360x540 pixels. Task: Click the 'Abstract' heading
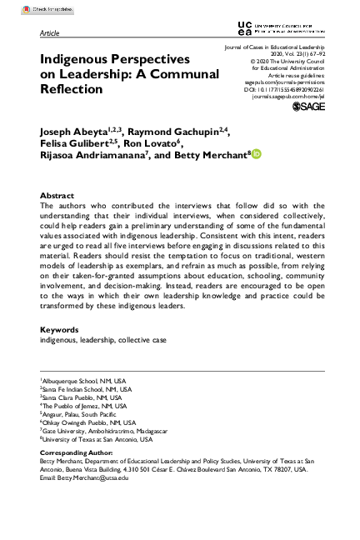[x=57, y=196]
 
